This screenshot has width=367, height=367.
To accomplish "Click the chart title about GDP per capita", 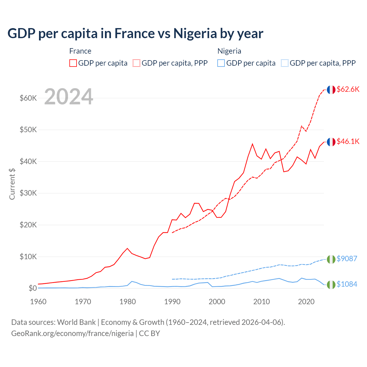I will coord(135,34).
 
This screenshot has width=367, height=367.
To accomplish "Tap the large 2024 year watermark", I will coord(69,97).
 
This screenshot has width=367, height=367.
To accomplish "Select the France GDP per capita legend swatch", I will coord(73,63).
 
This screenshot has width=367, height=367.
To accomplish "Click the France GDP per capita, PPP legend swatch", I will coord(136,63).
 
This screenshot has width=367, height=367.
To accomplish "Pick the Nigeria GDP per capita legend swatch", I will coord(221,63).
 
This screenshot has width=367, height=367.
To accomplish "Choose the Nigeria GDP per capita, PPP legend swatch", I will coord(285,63).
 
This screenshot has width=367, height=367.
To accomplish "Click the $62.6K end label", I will coord(348,89).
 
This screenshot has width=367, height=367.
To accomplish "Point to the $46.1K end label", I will coord(348,141).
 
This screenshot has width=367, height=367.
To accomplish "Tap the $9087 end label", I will coord(347,259).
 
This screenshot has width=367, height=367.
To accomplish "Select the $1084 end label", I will coord(347,284).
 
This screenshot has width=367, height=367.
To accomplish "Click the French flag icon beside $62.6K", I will coord(331,90).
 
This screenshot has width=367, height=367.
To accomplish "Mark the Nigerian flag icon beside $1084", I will coord(331,285).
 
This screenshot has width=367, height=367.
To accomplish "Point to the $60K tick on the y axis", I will coord(28,98).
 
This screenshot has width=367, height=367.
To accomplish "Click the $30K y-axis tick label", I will coord(28,193).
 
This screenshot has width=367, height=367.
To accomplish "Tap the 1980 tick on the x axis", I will coord(128,302).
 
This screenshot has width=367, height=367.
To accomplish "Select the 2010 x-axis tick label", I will coord(261,302).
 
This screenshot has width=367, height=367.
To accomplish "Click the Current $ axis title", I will coord(12,184).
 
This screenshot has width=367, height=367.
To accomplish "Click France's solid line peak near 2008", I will coord(252,144).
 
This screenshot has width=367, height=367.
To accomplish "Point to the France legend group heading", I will coord(80,51).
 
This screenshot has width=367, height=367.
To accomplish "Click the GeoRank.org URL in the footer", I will coord(72,333).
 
